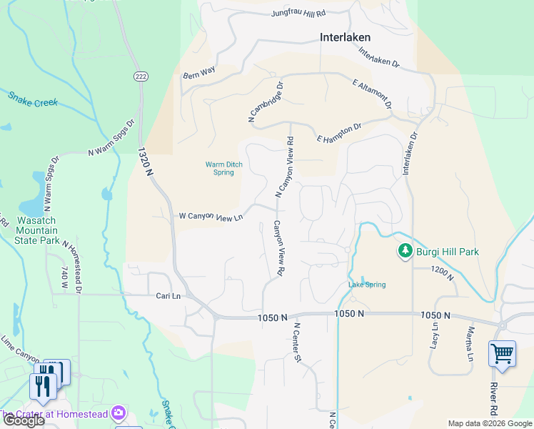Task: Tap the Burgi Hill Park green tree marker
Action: pos(405,252)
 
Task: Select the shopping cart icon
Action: pos(502,354)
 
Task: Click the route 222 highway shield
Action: pos(140,76)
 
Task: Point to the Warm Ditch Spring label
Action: pos(224,168)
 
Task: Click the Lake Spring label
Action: pos(367,285)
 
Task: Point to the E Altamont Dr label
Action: pos(373,94)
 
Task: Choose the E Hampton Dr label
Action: pos(340,132)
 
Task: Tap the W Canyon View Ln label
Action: pos(211,216)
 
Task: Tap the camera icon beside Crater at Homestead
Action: pos(118,413)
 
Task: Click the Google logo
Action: pos(23,420)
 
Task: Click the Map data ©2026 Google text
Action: pos(489,423)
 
